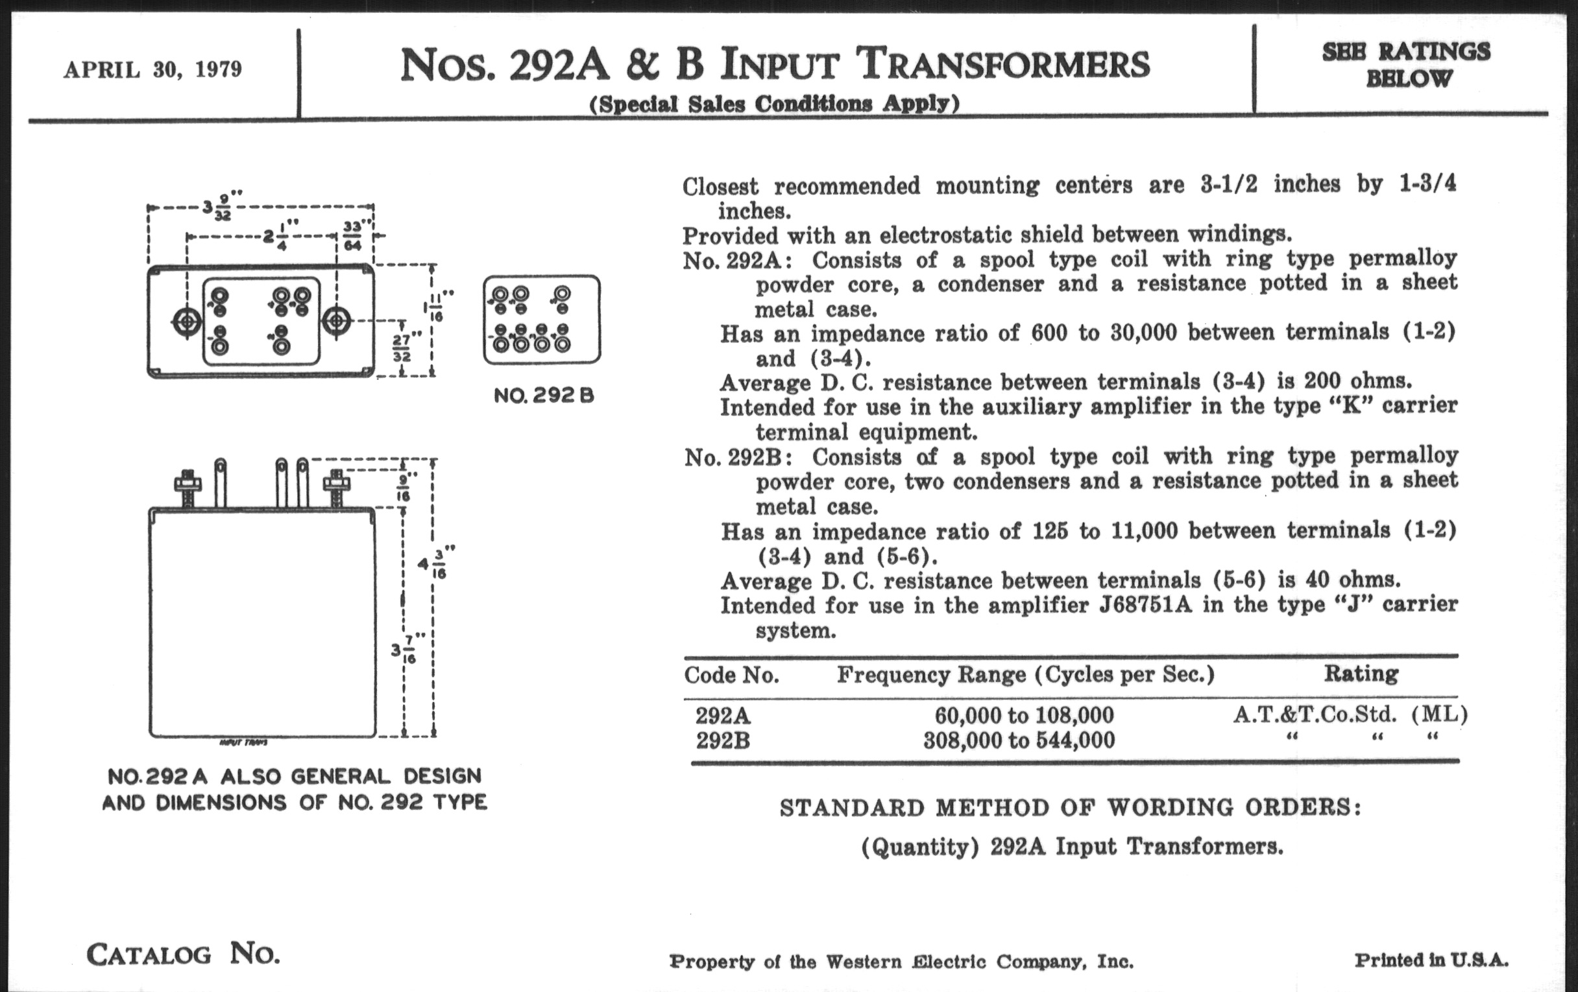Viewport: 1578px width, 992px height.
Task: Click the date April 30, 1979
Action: point(152,69)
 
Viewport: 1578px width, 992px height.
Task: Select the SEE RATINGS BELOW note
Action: point(1406,65)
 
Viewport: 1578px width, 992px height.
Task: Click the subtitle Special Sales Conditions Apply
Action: point(775,104)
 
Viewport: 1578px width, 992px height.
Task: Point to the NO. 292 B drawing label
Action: point(544,396)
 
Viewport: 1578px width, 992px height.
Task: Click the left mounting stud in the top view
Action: point(188,322)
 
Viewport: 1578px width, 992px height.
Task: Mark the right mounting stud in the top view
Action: point(336,321)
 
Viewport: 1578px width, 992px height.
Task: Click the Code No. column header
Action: point(731,675)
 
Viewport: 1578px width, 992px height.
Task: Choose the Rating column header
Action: point(1361,673)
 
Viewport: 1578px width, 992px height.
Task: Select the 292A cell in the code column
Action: point(723,714)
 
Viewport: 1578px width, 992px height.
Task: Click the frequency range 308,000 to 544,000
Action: point(1019,740)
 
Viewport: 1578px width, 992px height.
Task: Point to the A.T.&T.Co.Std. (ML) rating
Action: point(1350,714)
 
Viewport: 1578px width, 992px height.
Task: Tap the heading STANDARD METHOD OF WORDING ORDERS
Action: point(1070,808)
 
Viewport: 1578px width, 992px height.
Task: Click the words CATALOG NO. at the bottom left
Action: point(184,954)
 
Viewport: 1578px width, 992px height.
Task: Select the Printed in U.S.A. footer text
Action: point(1431,961)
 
